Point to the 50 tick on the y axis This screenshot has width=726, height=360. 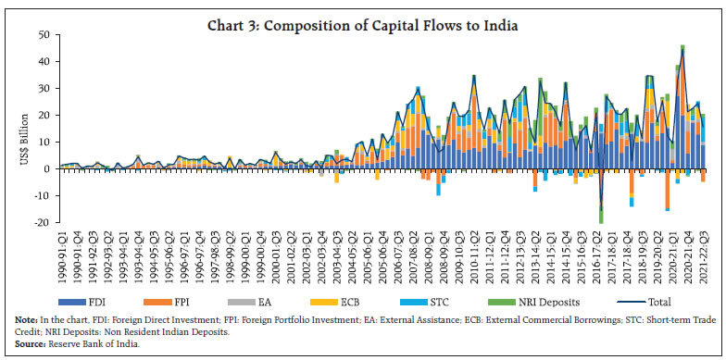[43, 35]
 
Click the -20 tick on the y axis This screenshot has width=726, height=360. [41, 222]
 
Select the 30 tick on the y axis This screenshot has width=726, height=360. [43, 89]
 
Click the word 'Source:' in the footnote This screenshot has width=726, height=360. [33, 341]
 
